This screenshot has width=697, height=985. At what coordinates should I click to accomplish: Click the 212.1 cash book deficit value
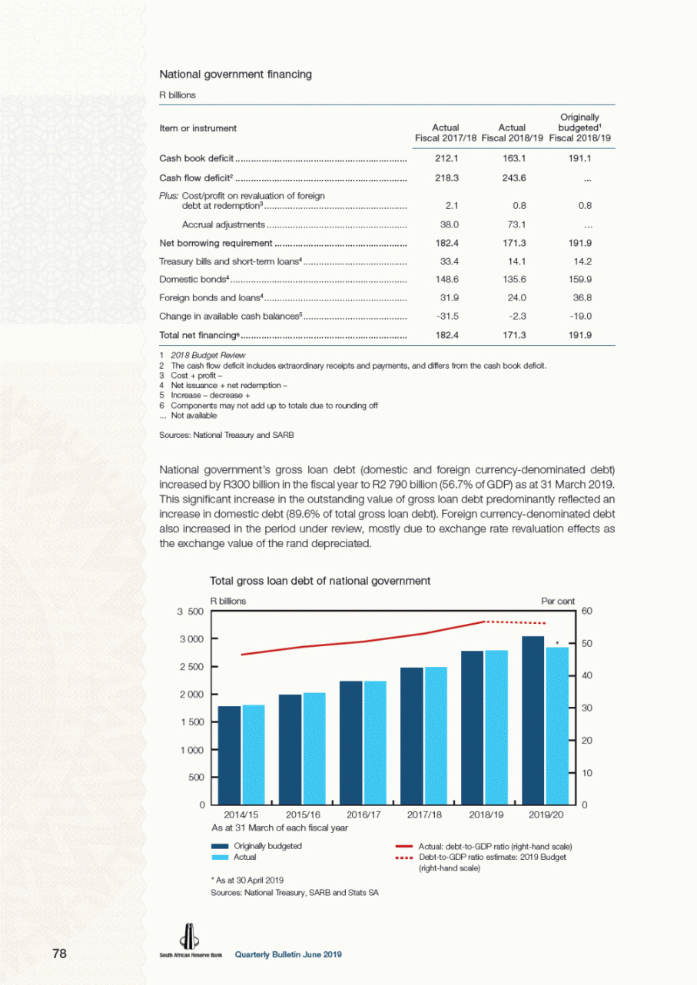[x=446, y=158]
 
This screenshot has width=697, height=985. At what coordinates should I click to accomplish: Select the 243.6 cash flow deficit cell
[x=512, y=178]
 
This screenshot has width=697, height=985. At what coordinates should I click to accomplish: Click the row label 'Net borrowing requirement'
[x=215, y=244]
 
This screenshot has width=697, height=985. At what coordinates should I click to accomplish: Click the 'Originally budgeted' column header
[x=585, y=128]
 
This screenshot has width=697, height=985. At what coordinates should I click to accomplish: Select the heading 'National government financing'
[x=235, y=75]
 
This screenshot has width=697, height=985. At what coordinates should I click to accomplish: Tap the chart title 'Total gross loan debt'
[x=320, y=581]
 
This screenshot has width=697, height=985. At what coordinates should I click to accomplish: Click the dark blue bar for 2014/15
[x=229, y=755]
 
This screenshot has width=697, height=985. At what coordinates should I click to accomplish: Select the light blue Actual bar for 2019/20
[x=557, y=725]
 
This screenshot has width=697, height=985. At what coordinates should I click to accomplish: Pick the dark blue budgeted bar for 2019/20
[x=533, y=720]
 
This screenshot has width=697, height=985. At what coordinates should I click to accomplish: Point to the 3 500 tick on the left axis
[x=191, y=612]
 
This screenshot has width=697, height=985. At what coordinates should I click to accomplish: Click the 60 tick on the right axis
[x=586, y=611]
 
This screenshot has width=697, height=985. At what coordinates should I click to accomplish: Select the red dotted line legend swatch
[x=403, y=857]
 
